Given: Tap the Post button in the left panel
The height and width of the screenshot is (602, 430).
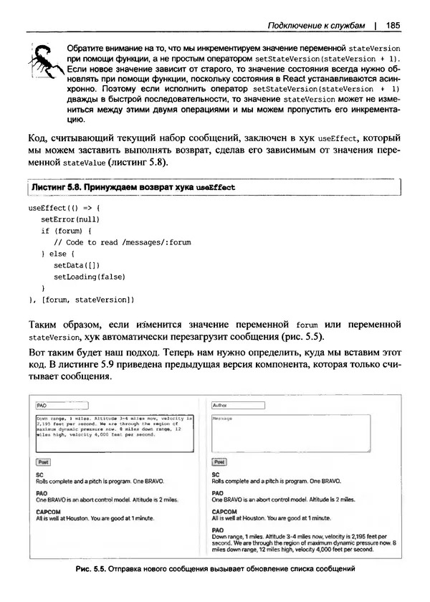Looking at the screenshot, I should (43, 462).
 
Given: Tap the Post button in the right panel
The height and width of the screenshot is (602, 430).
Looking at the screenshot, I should (219, 462).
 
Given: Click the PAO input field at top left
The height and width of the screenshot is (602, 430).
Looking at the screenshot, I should (61, 405).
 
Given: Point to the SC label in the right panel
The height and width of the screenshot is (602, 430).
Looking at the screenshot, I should (216, 474).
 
